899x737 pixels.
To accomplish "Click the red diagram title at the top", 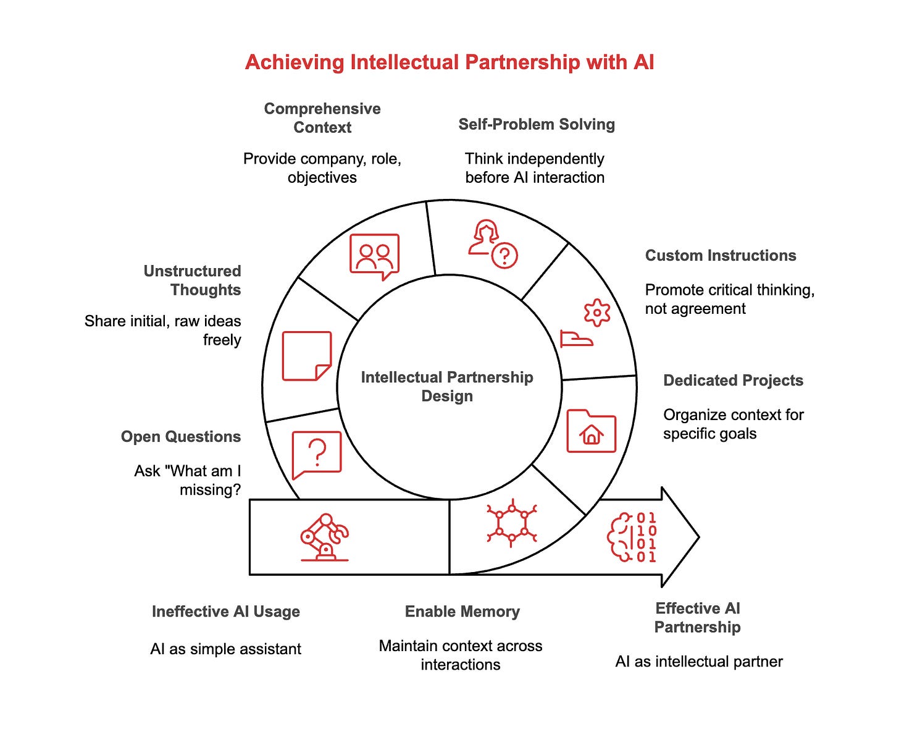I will click(449, 62).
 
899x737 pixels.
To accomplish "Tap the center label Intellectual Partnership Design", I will click(447, 386).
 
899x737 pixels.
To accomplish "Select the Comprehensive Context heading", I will click(322, 118).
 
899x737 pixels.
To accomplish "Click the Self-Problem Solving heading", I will click(537, 124).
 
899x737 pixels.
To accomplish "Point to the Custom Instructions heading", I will click(721, 255).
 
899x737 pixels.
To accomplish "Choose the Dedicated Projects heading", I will click(733, 380).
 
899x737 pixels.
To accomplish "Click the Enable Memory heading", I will click(462, 611).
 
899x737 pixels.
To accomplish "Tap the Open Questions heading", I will click(181, 436).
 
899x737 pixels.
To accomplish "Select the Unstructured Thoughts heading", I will click(192, 280).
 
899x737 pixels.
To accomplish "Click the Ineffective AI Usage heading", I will click(226, 611).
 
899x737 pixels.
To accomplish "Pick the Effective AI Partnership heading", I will click(697, 617).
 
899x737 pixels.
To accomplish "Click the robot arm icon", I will click(324, 537).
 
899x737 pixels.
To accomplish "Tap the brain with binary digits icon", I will click(632, 537).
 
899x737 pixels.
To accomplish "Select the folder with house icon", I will click(591, 431).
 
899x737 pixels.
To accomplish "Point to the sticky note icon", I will click(307, 356).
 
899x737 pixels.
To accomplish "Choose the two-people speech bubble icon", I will click(374, 256).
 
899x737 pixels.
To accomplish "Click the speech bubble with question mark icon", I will click(317, 454).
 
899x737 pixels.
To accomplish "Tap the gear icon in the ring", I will click(596, 313).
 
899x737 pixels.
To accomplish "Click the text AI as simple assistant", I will click(226, 649).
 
